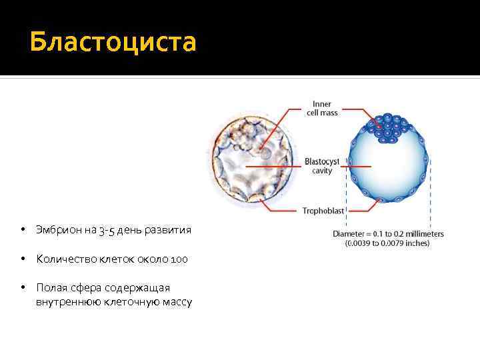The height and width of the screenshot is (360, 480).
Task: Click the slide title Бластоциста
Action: pyautogui.click(x=113, y=41)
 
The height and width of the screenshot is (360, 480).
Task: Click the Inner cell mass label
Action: pyautogui.click(x=322, y=109)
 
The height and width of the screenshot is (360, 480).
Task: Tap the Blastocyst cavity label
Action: pyautogui.click(x=323, y=166)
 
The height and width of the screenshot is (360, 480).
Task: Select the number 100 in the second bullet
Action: pyautogui.click(x=179, y=259)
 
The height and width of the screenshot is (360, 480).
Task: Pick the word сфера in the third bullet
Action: pyautogui.click(x=79, y=287)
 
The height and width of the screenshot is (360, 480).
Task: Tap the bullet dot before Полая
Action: pyautogui.click(x=23, y=287)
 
